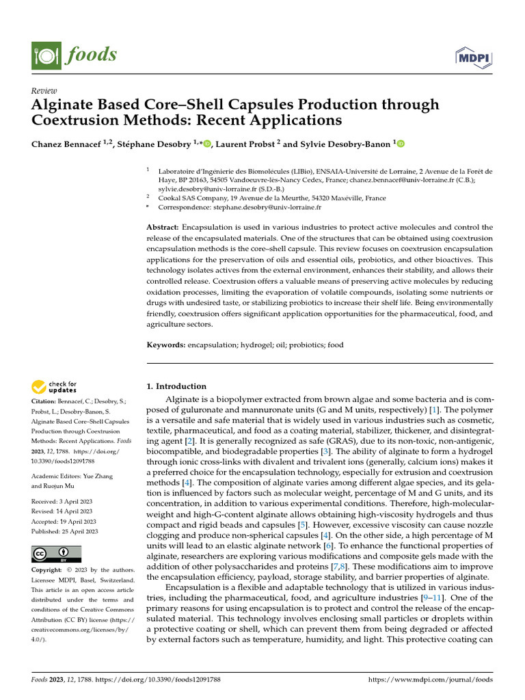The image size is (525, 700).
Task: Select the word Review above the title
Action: (44, 91)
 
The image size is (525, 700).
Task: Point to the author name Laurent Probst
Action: (245, 144)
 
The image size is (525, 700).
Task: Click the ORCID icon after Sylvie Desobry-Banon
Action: (401, 144)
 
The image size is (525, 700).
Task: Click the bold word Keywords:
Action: (166, 345)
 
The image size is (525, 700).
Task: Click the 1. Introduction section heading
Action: (177, 386)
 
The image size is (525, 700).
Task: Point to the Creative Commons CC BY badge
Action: (57, 554)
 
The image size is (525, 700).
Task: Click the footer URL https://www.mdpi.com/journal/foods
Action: (431, 680)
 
